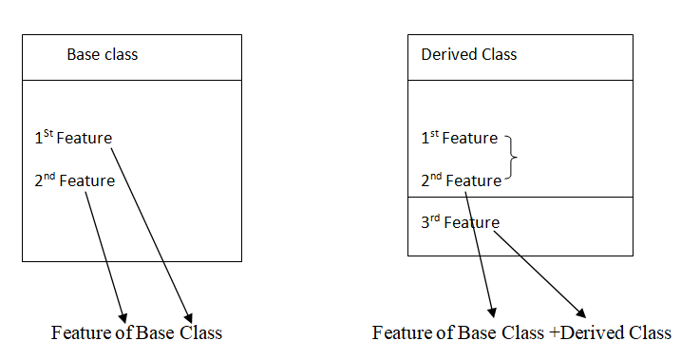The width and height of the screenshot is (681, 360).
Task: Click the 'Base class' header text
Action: click(102, 54)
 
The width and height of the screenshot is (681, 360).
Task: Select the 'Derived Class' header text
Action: click(468, 54)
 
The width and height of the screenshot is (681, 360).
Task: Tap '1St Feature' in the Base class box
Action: click(72, 139)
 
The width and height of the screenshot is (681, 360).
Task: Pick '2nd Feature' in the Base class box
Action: click(74, 180)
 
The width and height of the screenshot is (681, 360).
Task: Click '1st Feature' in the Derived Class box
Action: click(459, 139)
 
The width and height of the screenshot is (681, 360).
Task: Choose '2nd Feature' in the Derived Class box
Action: click(461, 180)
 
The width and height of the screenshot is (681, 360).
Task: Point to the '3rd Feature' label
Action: click(459, 222)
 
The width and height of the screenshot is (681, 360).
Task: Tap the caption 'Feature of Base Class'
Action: click(137, 332)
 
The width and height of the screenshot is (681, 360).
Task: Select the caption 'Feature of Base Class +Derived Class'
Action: click(521, 332)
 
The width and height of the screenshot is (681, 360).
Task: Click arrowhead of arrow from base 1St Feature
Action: click(190, 316)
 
